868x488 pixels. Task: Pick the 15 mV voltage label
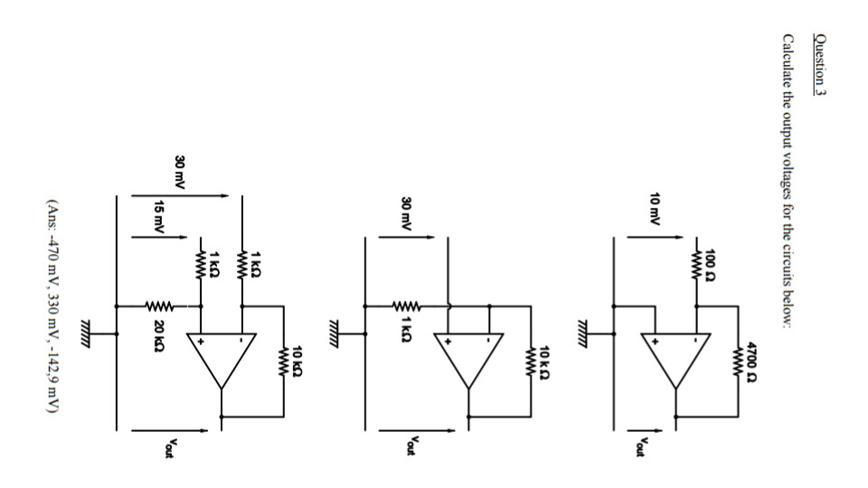coord(159,218)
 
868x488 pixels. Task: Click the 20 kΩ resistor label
coord(159,331)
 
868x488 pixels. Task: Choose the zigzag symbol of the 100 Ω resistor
coord(696,263)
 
